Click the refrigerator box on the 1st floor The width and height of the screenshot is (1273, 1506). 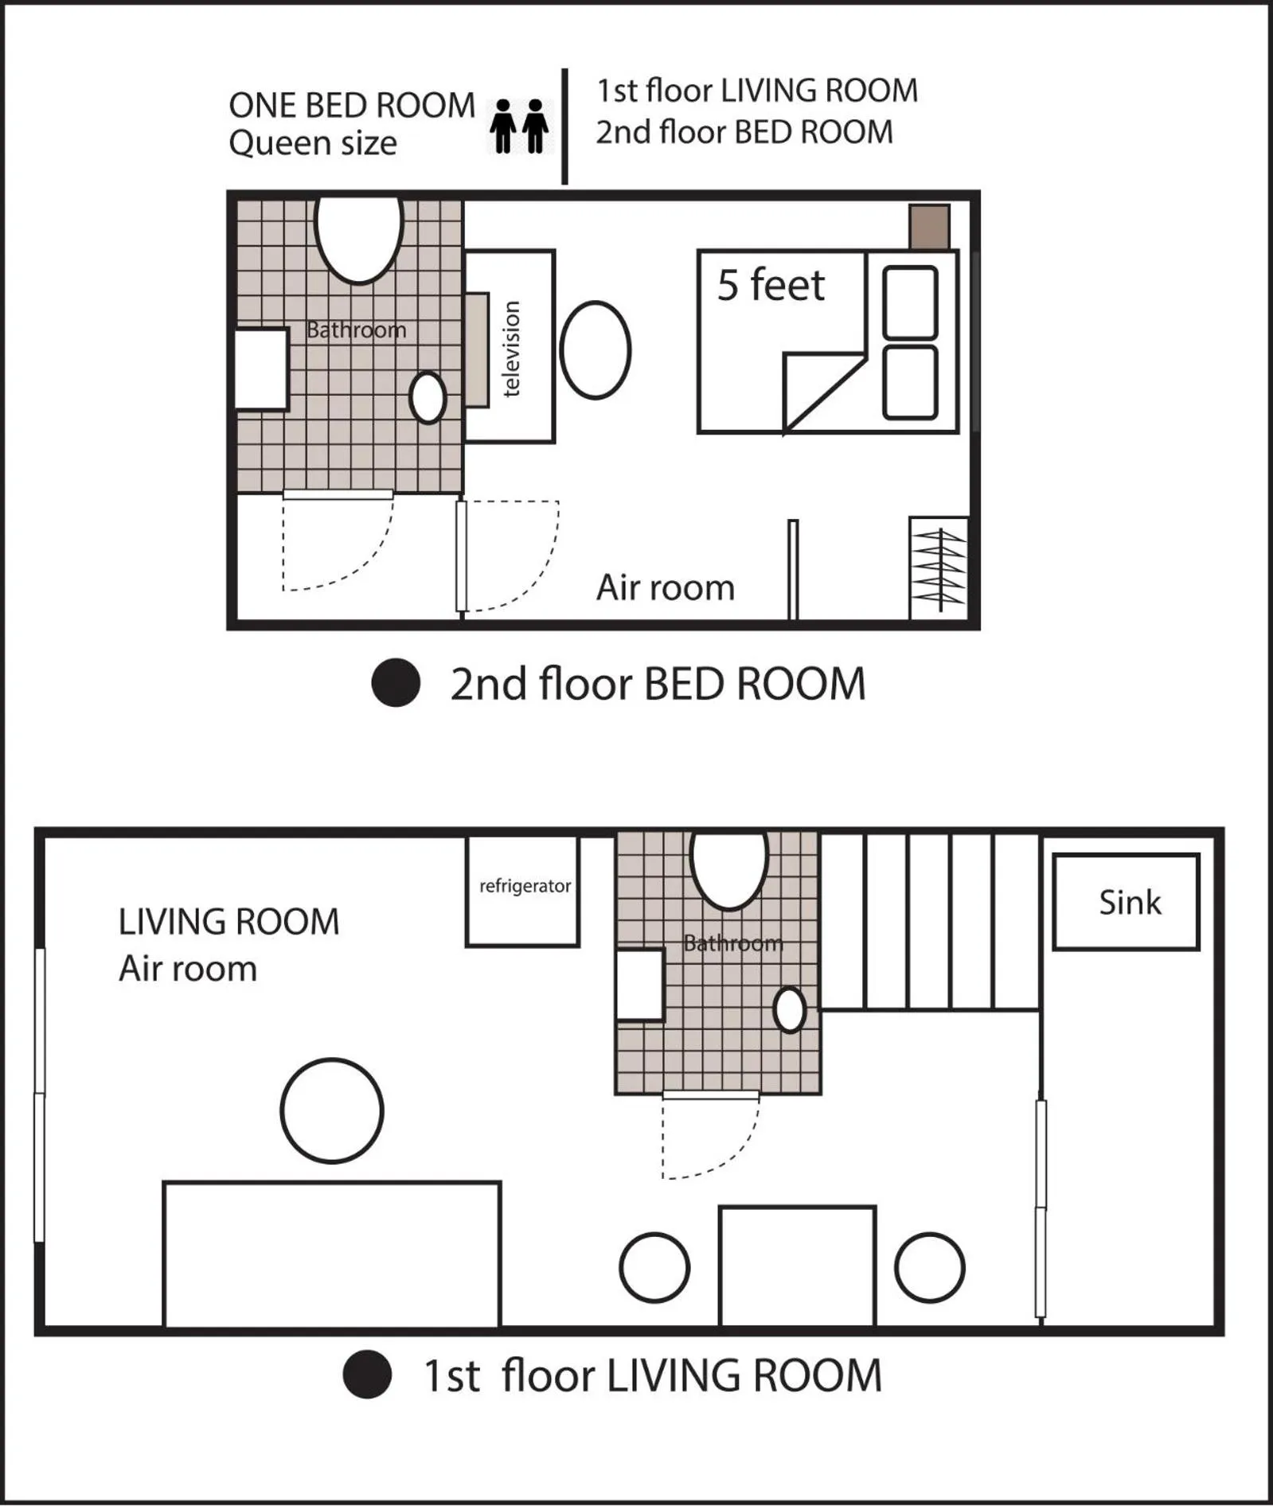click(522, 891)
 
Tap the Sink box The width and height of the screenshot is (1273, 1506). click(1126, 902)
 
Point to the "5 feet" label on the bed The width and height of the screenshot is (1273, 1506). click(771, 285)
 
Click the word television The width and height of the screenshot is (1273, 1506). click(511, 349)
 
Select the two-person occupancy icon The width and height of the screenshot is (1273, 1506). click(519, 126)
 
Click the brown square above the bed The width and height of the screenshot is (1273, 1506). click(929, 227)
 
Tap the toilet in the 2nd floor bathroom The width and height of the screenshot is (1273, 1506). click(359, 237)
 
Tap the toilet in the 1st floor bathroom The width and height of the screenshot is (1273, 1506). click(729, 868)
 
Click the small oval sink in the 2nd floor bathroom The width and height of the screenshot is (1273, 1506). click(428, 397)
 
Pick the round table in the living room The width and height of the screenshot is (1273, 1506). click(332, 1110)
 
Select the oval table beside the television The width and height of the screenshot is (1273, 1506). click(595, 349)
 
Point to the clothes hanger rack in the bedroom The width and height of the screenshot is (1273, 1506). click(939, 568)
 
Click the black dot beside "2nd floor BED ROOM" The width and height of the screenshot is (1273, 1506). click(396, 683)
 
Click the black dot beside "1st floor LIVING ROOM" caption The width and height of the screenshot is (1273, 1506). click(367, 1375)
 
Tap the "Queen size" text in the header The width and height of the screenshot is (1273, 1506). click(313, 143)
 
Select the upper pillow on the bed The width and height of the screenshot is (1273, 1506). click(910, 302)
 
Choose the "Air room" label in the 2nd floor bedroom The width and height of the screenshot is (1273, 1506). click(666, 587)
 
